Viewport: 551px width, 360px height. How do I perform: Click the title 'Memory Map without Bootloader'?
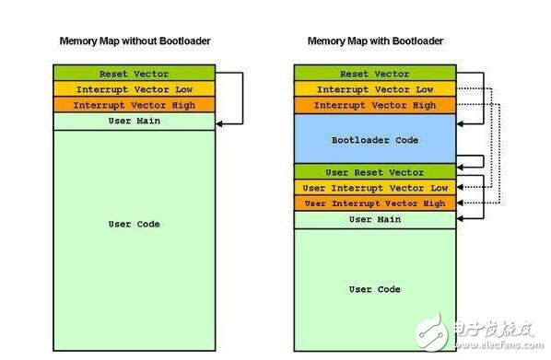(135, 41)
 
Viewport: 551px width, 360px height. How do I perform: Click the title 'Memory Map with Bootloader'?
(375, 41)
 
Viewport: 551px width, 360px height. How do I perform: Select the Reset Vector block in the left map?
(135, 73)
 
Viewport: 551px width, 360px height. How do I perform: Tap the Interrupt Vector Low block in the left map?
(135, 89)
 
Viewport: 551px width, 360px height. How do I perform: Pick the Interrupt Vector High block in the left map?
(135, 105)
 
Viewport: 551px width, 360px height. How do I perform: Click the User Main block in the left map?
(135, 122)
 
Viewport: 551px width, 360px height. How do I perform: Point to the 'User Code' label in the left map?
(135, 224)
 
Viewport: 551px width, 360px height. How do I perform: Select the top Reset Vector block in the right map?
(375, 73)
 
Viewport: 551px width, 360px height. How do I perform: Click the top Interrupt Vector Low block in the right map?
(375, 89)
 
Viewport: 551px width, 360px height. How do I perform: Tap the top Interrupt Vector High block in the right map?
(375, 105)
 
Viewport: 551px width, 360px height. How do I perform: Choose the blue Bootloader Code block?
(375, 139)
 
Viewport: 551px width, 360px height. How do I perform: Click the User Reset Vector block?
(375, 172)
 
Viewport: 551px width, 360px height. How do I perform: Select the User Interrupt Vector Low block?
(375, 188)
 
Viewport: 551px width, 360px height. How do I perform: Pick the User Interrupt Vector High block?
(375, 203)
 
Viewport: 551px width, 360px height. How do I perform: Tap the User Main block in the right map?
(375, 220)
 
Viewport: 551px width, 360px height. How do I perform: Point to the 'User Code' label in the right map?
(375, 289)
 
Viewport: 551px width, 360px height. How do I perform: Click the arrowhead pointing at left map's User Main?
(219, 123)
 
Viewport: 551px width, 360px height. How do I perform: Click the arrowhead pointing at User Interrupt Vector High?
(460, 203)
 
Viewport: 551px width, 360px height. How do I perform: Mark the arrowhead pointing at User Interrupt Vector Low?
(460, 187)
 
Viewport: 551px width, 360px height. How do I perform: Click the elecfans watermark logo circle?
(432, 332)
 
